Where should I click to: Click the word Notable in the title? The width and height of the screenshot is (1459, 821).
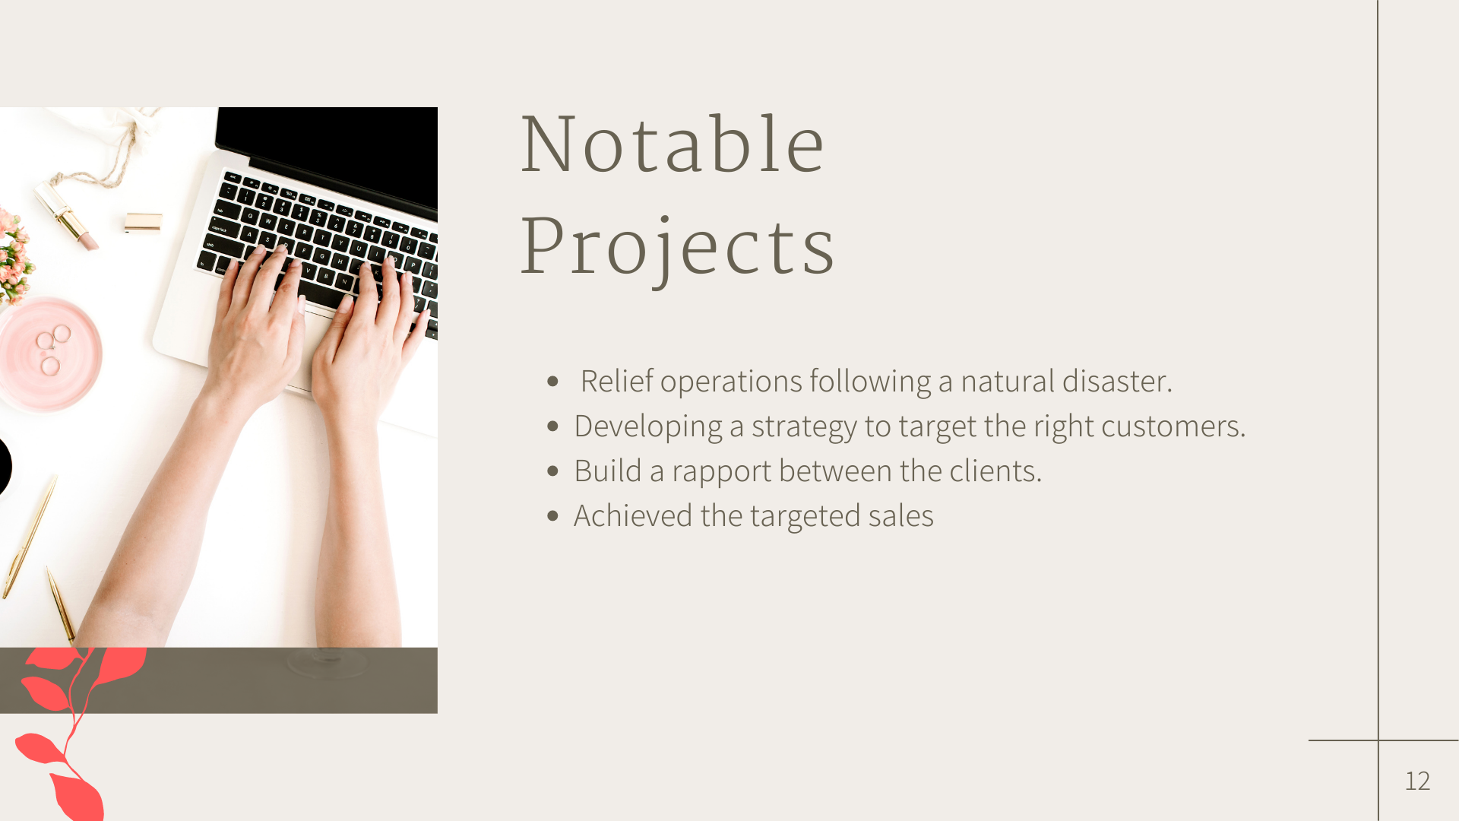click(673, 144)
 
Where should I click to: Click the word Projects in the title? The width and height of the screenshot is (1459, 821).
click(677, 248)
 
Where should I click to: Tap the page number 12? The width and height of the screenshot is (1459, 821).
click(1417, 781)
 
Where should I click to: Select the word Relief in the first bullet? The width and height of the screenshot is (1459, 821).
click(616, 381)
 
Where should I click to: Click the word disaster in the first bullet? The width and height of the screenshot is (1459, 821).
click(1117, 381)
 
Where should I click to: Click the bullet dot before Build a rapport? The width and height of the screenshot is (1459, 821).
click(552, 471)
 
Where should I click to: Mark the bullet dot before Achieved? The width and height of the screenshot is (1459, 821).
click(552, 516)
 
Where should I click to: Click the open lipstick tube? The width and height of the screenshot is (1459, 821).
click(66, 215)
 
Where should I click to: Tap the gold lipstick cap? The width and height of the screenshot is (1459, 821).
click(143, 222)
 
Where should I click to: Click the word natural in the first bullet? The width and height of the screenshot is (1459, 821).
click(1008, 381)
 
